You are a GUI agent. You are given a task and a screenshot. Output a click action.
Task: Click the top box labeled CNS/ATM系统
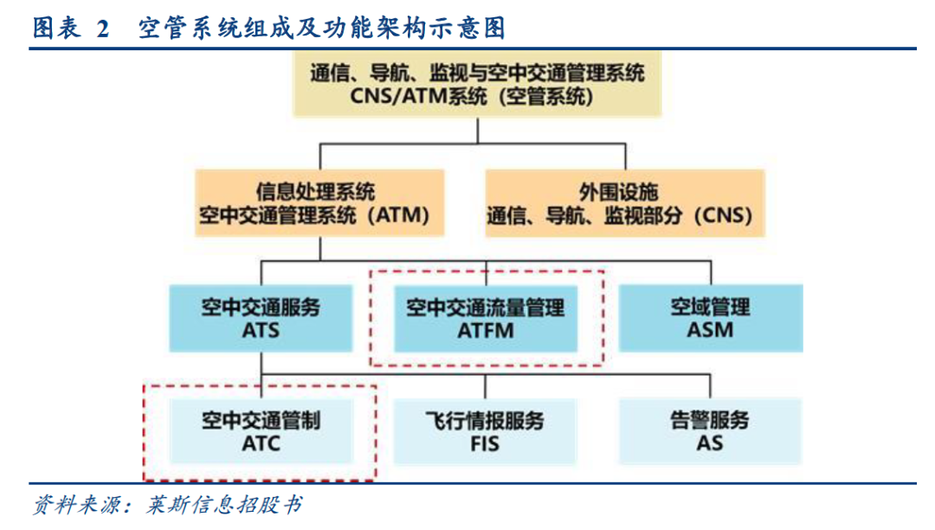point(477,83)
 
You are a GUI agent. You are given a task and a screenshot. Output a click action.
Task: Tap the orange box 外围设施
point(624,203)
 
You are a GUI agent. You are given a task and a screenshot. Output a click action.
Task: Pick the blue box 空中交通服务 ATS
point(261,318)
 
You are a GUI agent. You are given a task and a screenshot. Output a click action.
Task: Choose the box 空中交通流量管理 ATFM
point(485,318)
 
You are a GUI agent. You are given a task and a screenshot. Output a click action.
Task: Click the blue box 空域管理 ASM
point(710,318)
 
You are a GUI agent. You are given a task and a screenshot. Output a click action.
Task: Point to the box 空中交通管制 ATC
point(261,431)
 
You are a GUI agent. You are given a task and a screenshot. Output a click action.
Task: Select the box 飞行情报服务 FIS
point(485,431)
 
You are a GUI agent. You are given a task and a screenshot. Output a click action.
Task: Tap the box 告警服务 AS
point(710,431)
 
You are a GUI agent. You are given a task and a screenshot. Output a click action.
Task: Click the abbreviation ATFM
point(485,330)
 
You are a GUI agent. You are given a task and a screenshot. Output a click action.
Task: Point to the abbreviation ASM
point(710,330)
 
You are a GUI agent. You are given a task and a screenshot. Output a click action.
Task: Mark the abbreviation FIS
point(485,443)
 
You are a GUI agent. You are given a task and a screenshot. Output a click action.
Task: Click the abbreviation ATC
point(261,443)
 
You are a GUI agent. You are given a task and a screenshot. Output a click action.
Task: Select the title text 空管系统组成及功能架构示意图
point(321,29)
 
